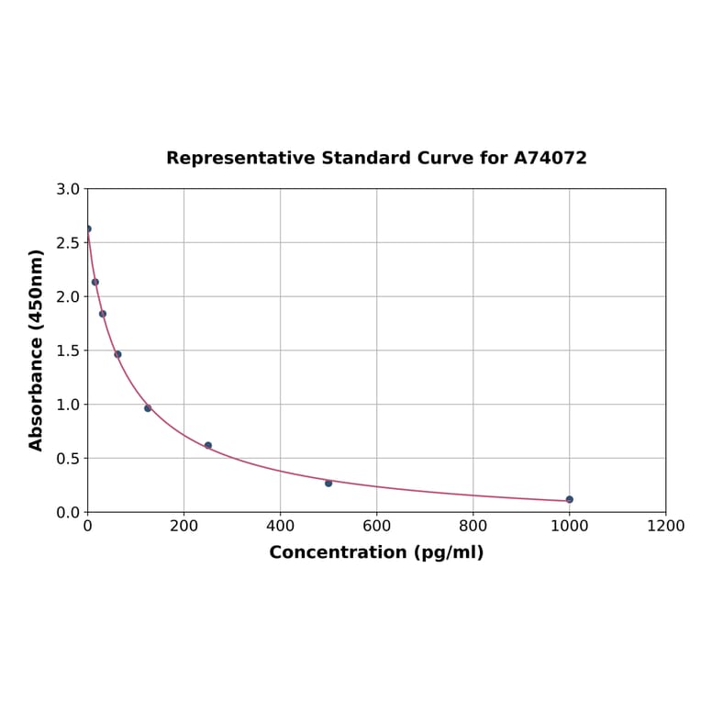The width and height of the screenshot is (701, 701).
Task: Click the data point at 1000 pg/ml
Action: click(x=570, y=499)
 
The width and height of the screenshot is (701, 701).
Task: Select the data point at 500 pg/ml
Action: click(x=328, y=483)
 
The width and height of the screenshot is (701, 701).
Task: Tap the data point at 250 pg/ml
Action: click(x=208, y=445)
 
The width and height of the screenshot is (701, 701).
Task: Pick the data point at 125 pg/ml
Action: click(x=148, y=408)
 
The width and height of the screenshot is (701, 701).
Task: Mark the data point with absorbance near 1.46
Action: click(x=117, y=354)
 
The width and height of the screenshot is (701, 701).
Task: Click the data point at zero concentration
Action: click(x=88, y=228)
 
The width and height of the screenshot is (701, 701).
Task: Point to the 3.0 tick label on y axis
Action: click(x=67, y=189)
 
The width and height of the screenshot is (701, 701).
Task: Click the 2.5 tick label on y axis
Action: click(x=67, y=243)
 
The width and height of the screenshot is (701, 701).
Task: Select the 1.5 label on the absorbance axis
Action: click(x=67, y=350)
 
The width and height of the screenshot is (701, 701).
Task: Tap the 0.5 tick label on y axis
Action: click(x=67, y=459)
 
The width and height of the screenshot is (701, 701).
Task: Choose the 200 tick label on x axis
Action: click(x=184, y=527)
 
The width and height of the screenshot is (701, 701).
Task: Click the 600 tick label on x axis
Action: click(x=376, y=527)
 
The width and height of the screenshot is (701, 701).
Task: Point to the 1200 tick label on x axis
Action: click(x=665, y=527)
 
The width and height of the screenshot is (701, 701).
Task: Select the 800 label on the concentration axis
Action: click(x=473, y=527)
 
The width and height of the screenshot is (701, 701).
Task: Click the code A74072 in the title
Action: click(x=551, y=159)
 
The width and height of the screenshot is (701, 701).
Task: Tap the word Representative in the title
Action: click(x=240, y=159)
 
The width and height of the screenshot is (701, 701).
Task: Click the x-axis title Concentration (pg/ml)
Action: click(x=376, y=552)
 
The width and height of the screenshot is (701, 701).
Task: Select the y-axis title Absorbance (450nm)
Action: click(x=37, y=350)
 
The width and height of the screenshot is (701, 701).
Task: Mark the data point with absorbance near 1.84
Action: click(x=103, y=314)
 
